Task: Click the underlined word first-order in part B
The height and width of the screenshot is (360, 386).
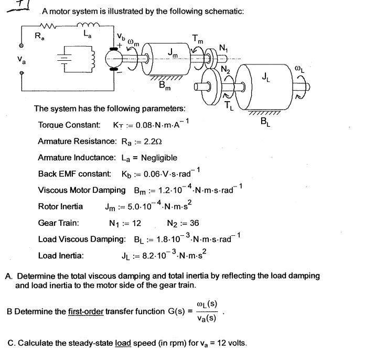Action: pyautogui.click(x=86, y=312)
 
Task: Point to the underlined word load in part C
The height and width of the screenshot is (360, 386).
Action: pyautogui.click(x=122, y=344)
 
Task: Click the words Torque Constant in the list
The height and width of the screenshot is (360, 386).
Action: pyautogui.click(x=69, y=126)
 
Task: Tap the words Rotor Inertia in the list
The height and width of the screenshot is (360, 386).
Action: pyautogui.click(x=60, y=206)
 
